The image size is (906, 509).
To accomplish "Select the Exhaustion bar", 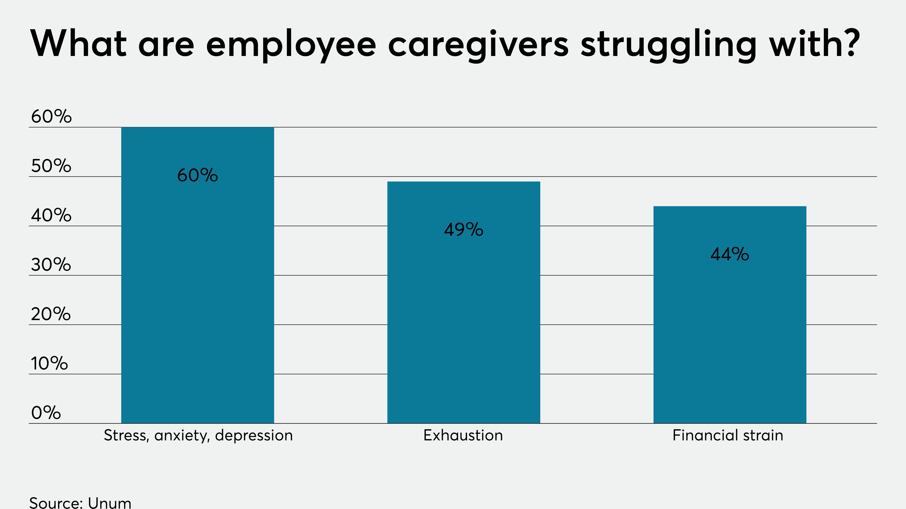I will (464, 316).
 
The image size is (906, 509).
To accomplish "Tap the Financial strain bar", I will (730, 334).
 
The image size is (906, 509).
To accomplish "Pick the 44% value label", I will (730, 254).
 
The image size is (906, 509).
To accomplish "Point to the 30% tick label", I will (51, 264).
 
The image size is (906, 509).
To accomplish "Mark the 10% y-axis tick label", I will (49, 363).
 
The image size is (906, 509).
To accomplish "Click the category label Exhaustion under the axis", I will (463, 435).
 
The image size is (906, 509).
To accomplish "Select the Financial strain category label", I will (728, 435).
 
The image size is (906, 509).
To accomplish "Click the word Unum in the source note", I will (109, 503).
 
